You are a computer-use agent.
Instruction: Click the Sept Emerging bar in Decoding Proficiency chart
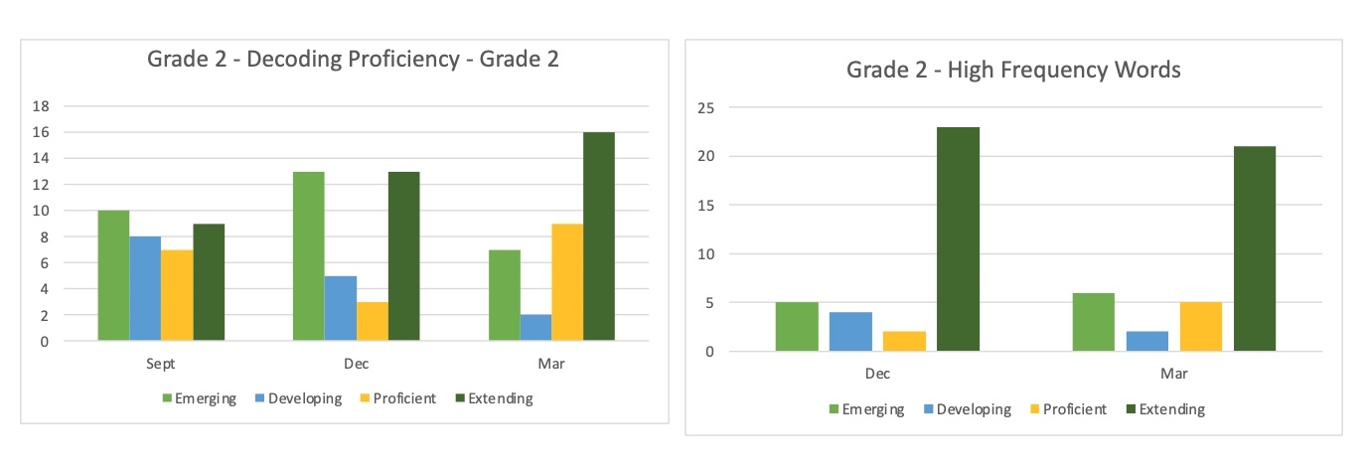(x=112, y=275)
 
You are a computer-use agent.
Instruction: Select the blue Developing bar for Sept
(x=145, y=288)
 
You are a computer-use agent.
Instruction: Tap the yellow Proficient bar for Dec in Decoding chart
(x=372, y=321)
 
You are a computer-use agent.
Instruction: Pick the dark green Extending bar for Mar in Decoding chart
(x=599, y=236)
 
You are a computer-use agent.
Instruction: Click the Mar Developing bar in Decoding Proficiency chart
(x=534, y=328)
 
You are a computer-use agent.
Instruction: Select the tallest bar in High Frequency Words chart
(x=958, y=238)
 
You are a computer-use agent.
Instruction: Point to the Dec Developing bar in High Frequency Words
(x=850, y=332)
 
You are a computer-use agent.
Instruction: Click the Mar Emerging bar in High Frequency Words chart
(x=1094, y=322)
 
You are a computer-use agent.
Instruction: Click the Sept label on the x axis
(x=161, y=365)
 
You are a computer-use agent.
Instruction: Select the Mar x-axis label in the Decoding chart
(x=551, y=365)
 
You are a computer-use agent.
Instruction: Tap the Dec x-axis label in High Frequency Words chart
(x=877, y=375)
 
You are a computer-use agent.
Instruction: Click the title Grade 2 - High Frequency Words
(x=1013, y=70)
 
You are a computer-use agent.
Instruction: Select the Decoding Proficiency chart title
(x=353, y=59)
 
